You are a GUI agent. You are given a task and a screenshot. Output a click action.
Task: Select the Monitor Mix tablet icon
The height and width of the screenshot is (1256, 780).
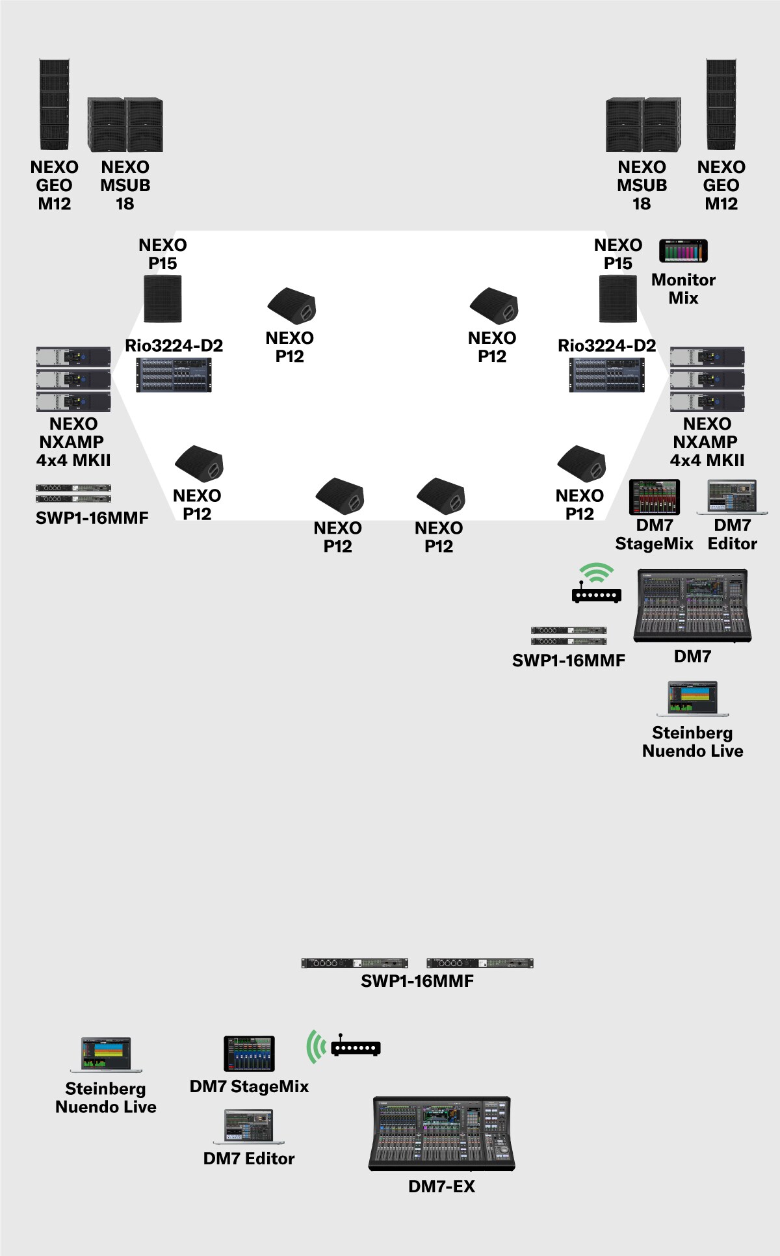click(x=683, y=251)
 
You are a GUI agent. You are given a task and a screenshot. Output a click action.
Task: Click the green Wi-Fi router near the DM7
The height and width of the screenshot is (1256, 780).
click(x=596, y=584)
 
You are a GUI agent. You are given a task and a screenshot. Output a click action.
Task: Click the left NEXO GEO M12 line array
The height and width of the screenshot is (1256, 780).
click(x=54, y=105)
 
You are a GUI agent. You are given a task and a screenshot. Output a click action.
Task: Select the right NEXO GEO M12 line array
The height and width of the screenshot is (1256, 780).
click(x=721, y=105)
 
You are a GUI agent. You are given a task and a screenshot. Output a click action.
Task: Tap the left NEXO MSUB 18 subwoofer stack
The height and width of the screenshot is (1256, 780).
click(x=125, y=125)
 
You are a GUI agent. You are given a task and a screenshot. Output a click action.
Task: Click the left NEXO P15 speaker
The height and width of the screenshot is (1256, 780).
click(x=162, y=299)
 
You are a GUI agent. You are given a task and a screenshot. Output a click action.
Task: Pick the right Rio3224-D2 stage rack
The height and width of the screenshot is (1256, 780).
click(x=607, y=375)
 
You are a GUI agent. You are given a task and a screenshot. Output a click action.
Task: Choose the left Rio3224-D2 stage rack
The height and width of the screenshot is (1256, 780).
click(x=174, y=375)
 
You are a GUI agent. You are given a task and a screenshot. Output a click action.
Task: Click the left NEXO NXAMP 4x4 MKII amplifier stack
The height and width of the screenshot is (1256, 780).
click(x=73, y=379)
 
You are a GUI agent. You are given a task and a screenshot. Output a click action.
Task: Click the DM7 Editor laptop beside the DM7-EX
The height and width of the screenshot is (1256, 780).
click(x=249, y=1127)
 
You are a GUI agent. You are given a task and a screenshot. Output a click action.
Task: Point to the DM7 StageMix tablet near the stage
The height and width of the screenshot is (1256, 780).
click(x=654, y=497)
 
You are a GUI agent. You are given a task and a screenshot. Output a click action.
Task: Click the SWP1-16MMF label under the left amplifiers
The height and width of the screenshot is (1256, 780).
click(x=92, y=518)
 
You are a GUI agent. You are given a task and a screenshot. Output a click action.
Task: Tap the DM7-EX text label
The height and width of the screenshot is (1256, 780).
click(x=441, y=1186)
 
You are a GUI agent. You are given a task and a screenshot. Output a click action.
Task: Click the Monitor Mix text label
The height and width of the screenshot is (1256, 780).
click(x=683, y=289)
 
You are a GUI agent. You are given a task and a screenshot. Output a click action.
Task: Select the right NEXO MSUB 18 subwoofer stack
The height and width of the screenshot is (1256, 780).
click(x=643, y=125)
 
